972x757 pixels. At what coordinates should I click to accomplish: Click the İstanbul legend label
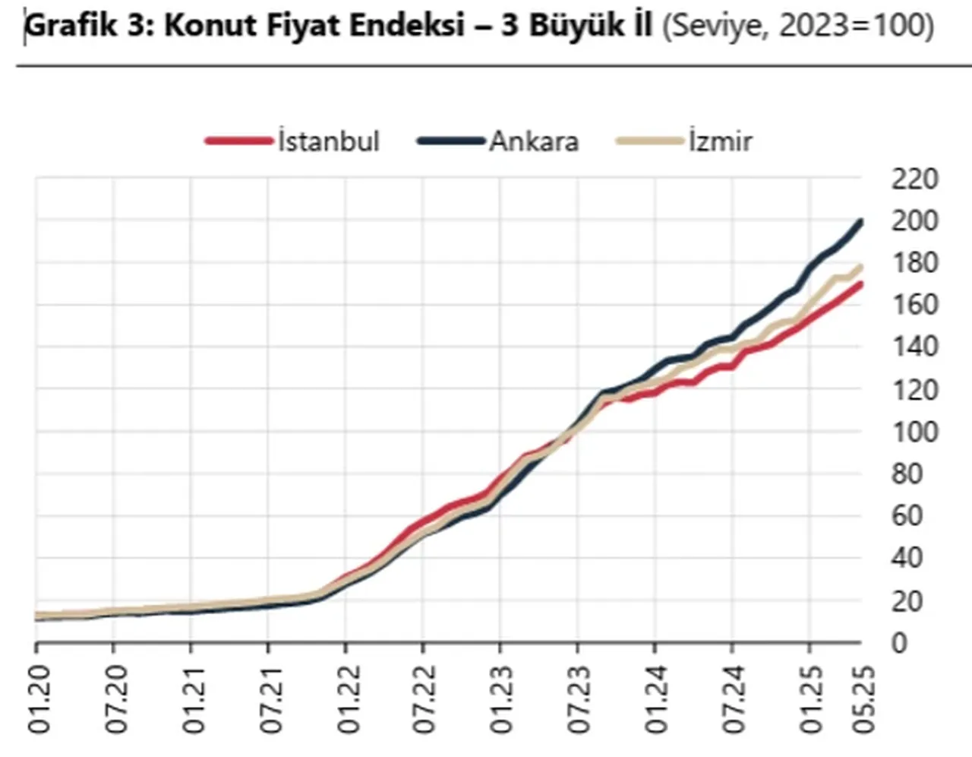tap(328, 141)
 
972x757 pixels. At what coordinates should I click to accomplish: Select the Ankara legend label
tap(534, 141)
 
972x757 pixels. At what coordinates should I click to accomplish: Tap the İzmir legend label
tap(720, 141)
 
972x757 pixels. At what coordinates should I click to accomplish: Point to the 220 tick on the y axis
tap(914, 179)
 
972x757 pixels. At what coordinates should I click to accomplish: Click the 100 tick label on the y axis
tap(914, 432)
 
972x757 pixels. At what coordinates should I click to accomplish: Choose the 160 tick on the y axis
tap(914, 306)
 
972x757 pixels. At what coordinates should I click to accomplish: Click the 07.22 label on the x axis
tap(423, 699)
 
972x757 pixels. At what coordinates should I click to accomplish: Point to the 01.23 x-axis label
tap(500, 699)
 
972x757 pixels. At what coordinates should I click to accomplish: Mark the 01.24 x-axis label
tap(655, 699)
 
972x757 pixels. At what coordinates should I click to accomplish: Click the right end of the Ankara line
tap(861, 222)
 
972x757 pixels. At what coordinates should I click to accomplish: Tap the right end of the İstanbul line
tap(861, 284)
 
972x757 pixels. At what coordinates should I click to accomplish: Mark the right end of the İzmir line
tap(861, 267)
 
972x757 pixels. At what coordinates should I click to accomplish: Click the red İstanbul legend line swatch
tap(238, 141)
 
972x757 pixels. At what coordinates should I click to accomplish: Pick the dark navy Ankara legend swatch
tap(450, 141)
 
